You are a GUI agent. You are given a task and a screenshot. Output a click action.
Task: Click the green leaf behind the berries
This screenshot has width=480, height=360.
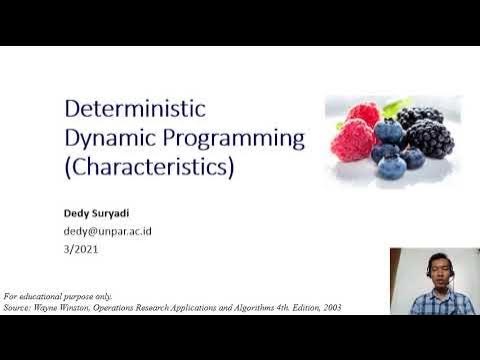pyautogui.click(x=397, y=105)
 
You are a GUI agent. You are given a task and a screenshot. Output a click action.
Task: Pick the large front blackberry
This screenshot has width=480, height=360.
pyautogui.click(x=430, y=137)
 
